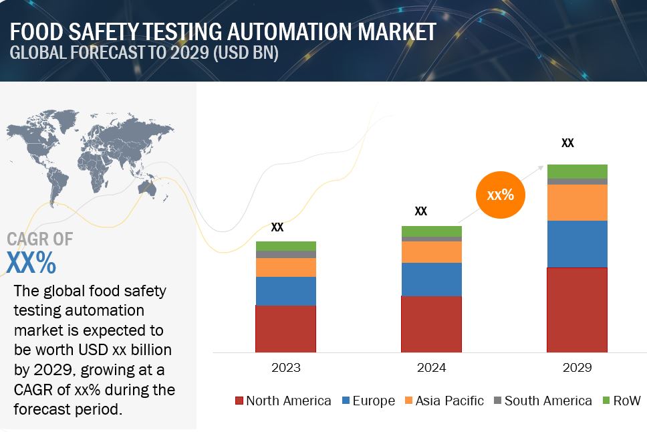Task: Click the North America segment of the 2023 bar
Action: pos(285,328)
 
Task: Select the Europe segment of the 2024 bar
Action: pos(431,279)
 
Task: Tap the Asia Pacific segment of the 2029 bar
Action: pos(577,202)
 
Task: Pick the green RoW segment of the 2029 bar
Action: pos(577,171)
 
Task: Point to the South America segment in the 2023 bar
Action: pos(285,254)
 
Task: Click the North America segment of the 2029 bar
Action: pos(577,310)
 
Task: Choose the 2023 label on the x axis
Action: pos(285,368)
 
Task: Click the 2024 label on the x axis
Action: pos(431,368)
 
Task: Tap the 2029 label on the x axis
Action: pos(577,368)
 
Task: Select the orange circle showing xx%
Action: pos(500,195)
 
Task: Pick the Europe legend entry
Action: pos(368,401)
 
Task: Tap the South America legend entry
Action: pos(542,401)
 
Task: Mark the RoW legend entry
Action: pos(621,401)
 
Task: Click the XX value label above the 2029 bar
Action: pos(567,142)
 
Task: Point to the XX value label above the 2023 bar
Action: pos(277,227)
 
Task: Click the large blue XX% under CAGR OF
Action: pos(31,263)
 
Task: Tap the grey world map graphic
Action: pos(90,154)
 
